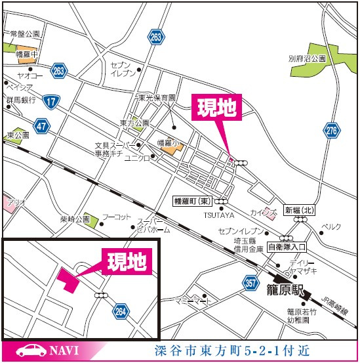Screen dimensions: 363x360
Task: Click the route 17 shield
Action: click(50, 101)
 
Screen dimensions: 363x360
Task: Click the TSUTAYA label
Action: click(214, 215)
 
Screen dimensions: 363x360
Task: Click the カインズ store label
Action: click(262, 213)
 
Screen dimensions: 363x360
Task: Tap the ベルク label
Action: click(332, 227)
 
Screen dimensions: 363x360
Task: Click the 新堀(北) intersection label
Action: click(299, 211)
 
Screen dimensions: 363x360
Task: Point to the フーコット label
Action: click(117, 217)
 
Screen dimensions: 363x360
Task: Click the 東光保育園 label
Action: click(157, 98)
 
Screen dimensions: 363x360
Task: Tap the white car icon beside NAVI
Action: click(29, 351)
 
